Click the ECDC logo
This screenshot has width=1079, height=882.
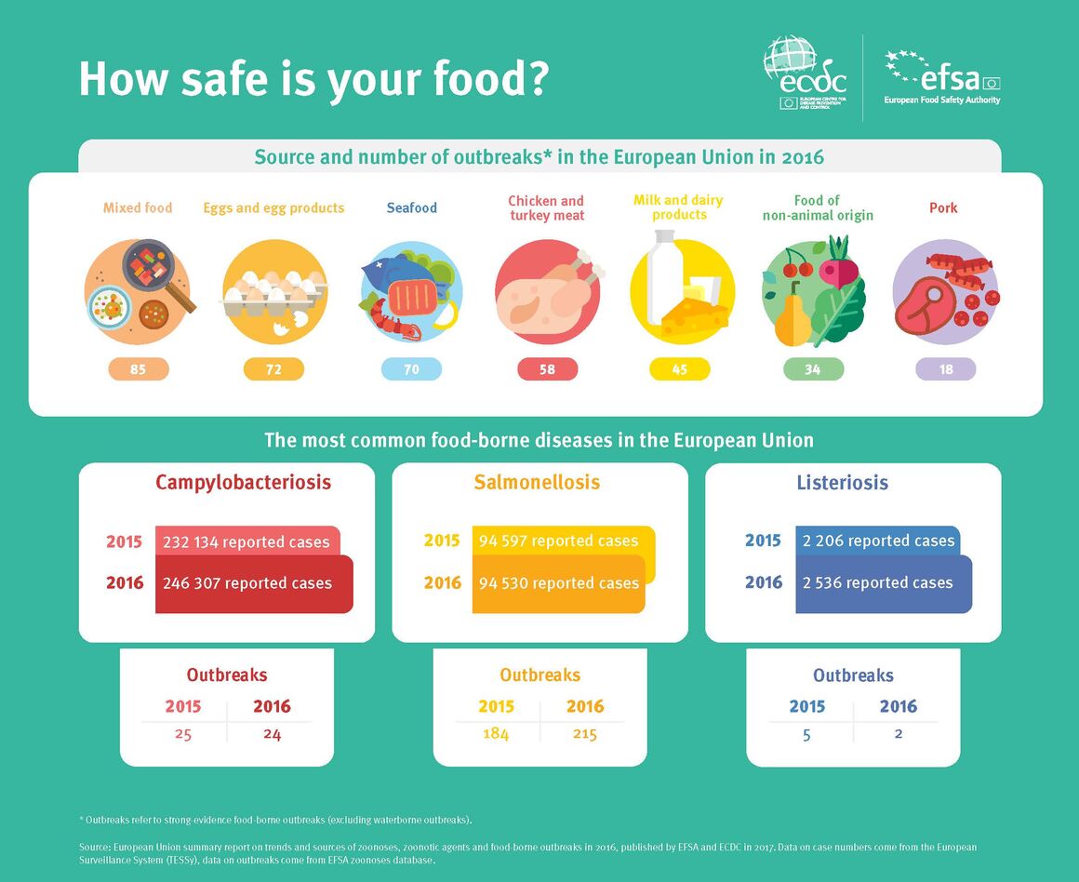click(806, 73)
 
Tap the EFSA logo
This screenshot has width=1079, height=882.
click(942, 77)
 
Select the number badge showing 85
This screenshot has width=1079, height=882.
click(139, 369)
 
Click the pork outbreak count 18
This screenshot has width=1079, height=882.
click(945, 369)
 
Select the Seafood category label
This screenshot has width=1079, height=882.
click(411, 207)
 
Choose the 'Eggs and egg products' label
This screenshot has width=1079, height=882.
click(273, 207)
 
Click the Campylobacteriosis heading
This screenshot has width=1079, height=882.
click(243, 482)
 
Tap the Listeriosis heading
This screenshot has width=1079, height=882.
click(843, 482)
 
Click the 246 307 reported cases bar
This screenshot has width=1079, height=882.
click(254, 584)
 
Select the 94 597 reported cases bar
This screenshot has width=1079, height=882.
click(563, 541)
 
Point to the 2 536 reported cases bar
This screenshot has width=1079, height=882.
click(884, 584)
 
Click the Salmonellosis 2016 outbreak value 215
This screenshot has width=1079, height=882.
click(585, 734)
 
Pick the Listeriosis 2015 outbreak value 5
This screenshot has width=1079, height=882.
click(806, 735)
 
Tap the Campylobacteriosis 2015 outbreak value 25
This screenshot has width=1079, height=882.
click(183, 735)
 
